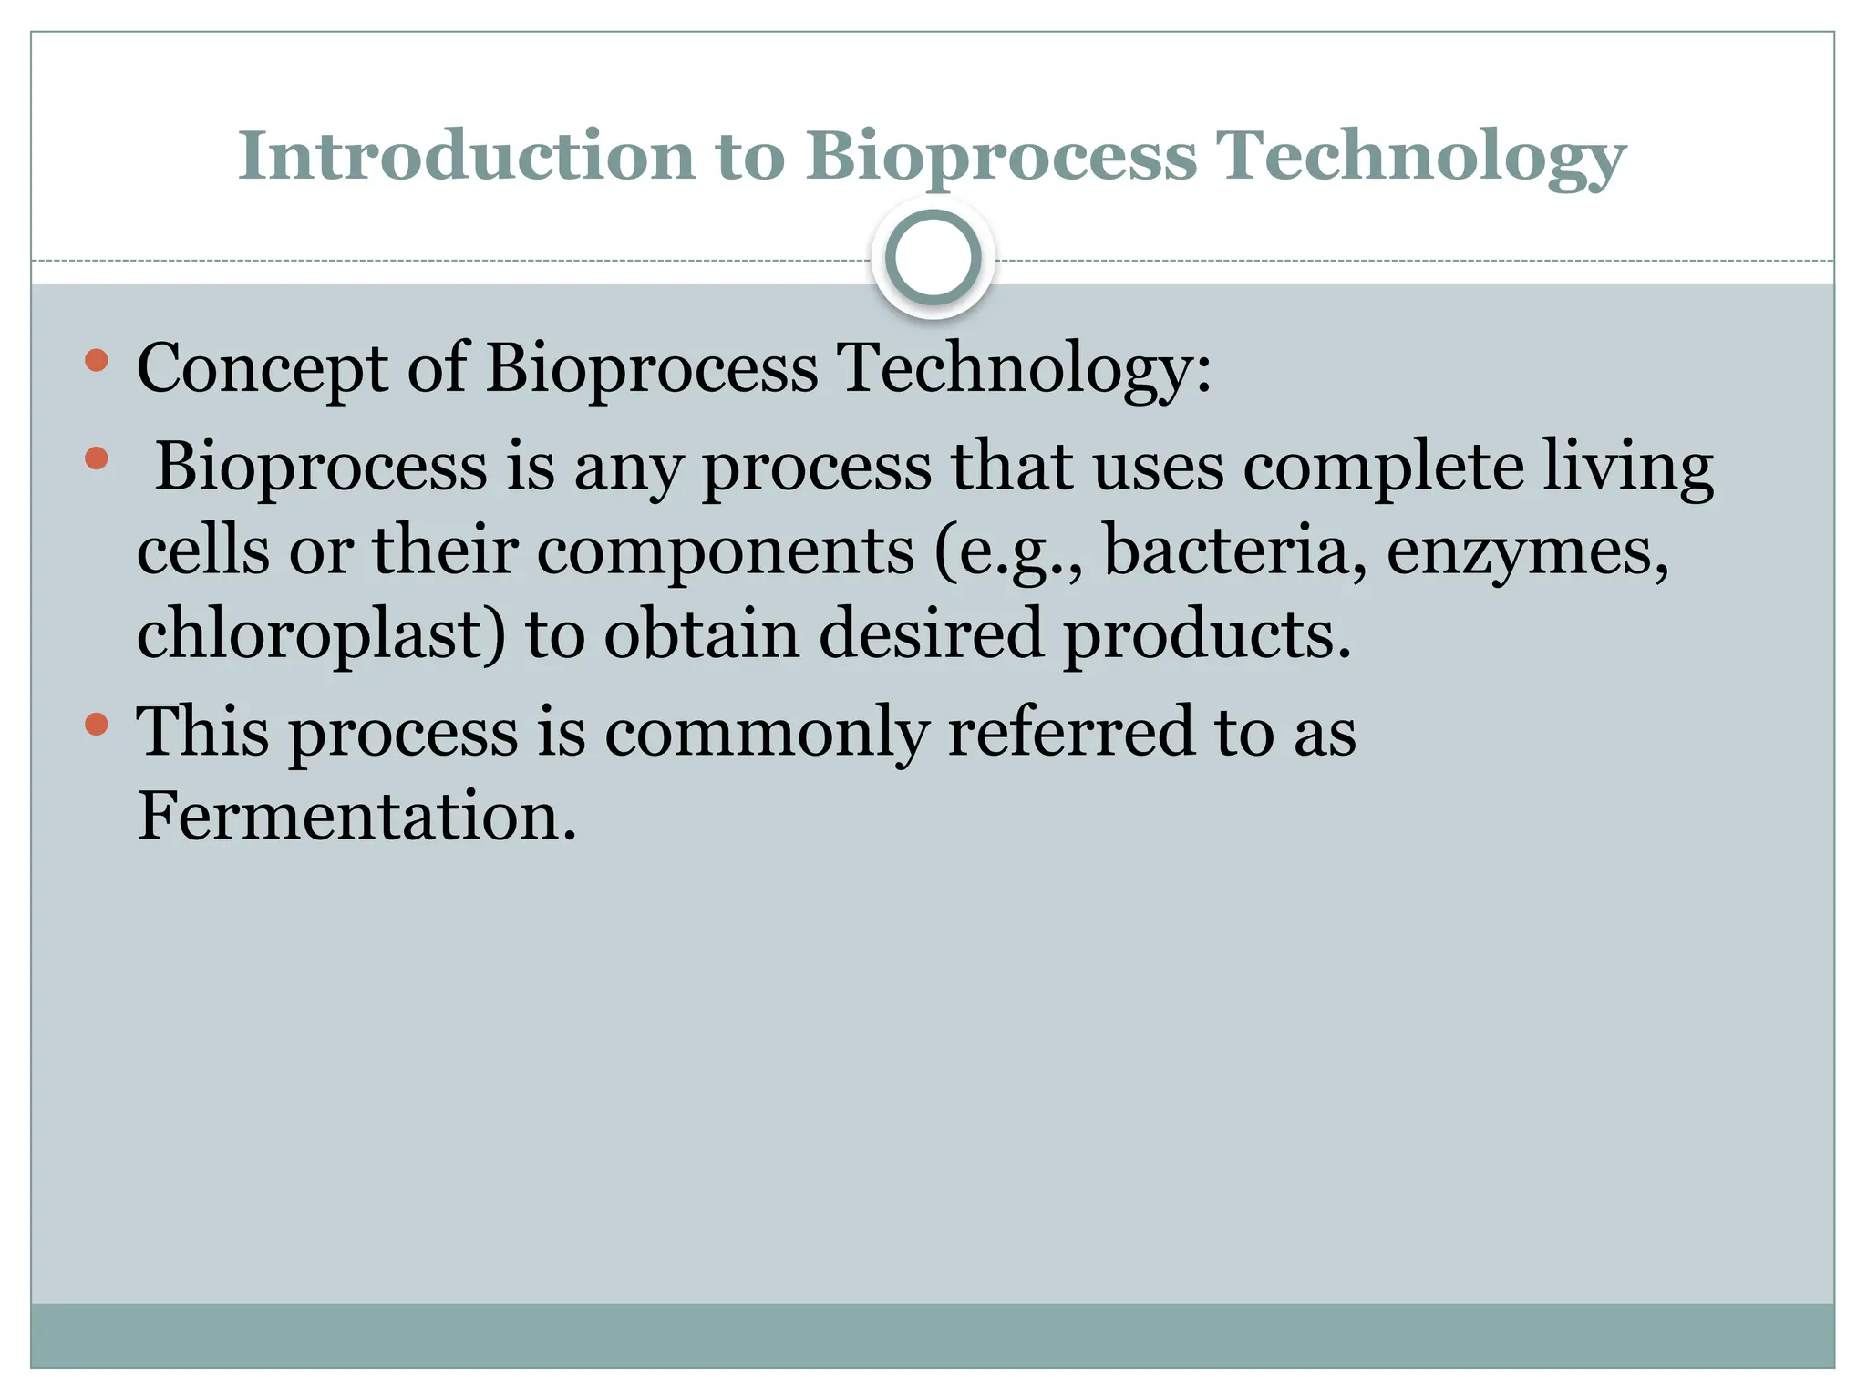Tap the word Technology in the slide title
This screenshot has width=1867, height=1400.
point(1421,157)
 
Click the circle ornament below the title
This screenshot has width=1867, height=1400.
point(933,258)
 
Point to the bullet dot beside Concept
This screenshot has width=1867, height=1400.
point(97,361)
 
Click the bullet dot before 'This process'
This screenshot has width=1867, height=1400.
point(97,726)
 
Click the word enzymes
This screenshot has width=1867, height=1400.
point(1528,552)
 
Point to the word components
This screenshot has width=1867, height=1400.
point(725,552)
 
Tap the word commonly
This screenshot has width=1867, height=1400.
point(767,734)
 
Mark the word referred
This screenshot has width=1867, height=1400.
point(1071,732)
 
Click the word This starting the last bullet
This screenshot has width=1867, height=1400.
point(202,732)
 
